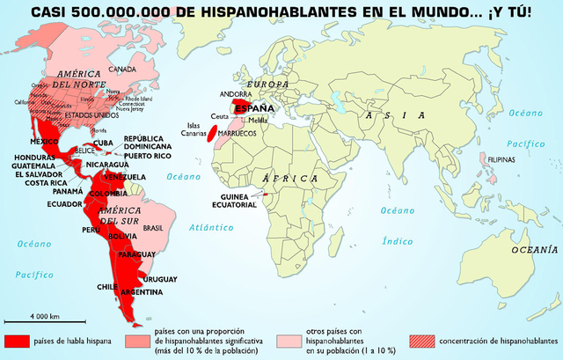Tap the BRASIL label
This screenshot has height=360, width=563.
point(153,227)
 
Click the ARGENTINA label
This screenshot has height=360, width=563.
point(142,291)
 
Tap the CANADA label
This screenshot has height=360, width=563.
point(121,70)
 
